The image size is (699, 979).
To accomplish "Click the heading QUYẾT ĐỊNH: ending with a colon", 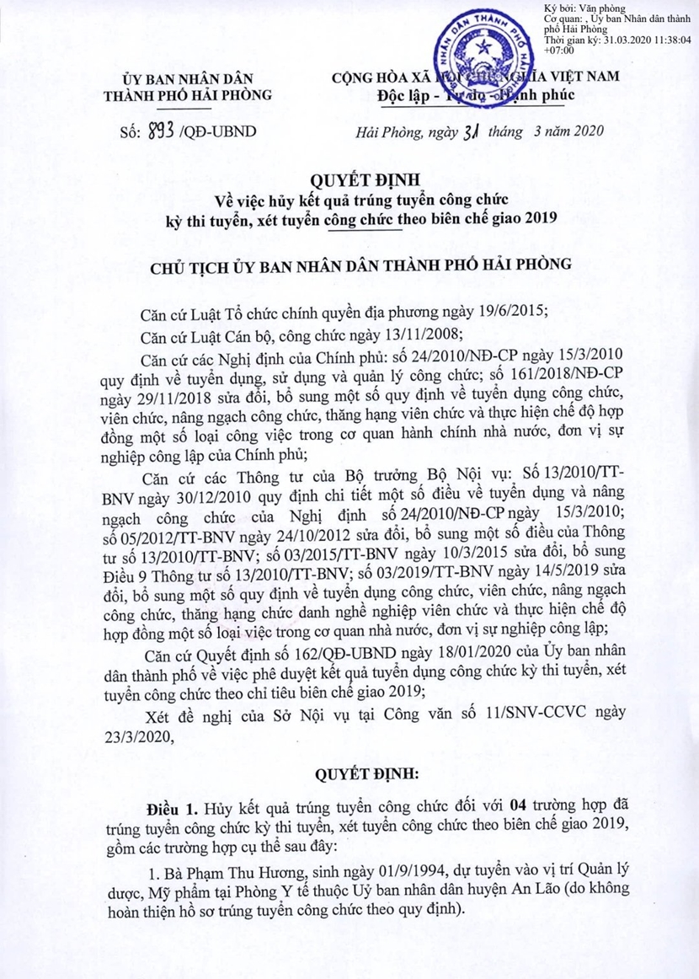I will click(x=349, y=773).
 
